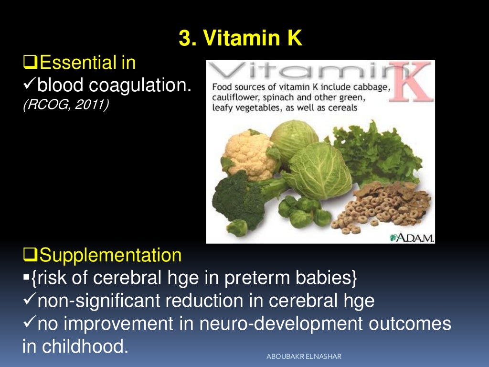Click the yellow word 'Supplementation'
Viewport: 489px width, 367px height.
click(110, 255)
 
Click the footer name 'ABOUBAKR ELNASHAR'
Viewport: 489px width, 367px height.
click(304, 357)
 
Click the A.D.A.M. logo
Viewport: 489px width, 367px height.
click(412, 237)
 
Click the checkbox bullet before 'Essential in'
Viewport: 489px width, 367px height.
click(29, 63)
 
